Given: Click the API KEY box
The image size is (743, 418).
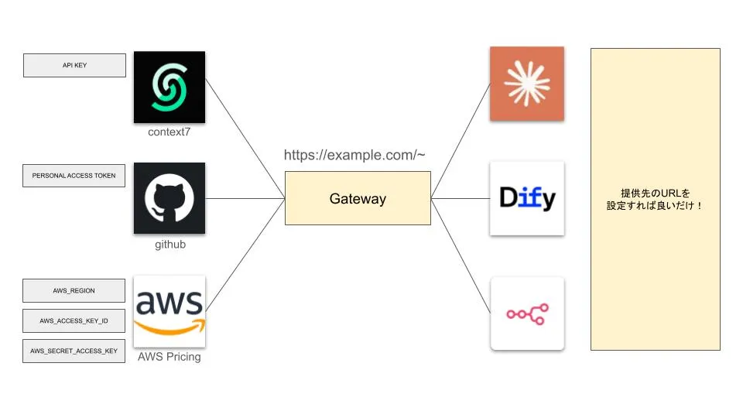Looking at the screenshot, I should (x=74, y=65).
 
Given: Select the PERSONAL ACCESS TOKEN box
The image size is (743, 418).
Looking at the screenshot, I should (x=74, y=176).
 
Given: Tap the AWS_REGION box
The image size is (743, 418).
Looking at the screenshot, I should (x=74, y=290).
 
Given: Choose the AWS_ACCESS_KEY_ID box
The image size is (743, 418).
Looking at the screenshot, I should (x=74, y=320).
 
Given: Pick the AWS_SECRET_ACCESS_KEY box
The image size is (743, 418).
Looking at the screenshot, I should (x=74, y=351).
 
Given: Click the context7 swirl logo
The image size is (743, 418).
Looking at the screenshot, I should (x=169, y=87).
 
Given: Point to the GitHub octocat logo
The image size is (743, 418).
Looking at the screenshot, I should (x=169, y=198).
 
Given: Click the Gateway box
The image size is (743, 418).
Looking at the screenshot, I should (x=358, y=199).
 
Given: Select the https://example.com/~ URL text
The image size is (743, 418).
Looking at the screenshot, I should (x=354, y=155).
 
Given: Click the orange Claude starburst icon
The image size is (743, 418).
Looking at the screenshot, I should (x=527, y=84).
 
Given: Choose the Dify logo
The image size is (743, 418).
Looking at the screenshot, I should (x=527, y=198).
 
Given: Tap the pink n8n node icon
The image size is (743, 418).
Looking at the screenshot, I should (x=527, y=313).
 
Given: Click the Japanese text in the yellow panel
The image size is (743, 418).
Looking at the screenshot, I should (x=655, y=199).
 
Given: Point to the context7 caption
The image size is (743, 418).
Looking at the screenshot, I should (x=169, y=132).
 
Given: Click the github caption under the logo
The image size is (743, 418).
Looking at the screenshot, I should (x=169, y=245).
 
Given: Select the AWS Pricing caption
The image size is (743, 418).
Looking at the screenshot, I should (x=169, y=357).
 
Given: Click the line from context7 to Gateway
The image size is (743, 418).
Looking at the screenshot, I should (x=245, y=138).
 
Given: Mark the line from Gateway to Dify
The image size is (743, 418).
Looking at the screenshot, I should (x=461, y=199).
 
